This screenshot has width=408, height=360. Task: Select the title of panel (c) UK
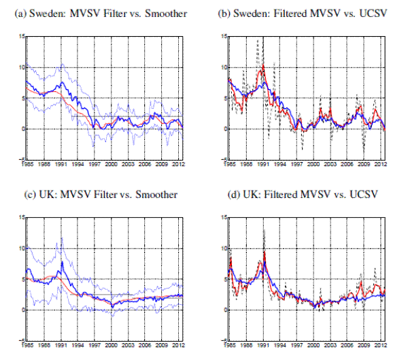tap(101, 195)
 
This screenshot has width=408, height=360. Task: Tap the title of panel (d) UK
tap(297, 195)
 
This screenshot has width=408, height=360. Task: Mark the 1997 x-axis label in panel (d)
tap(297, 345)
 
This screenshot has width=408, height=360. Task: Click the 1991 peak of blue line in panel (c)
tap(62, 261)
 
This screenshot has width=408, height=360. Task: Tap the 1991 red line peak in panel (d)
tap(264, 253)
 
